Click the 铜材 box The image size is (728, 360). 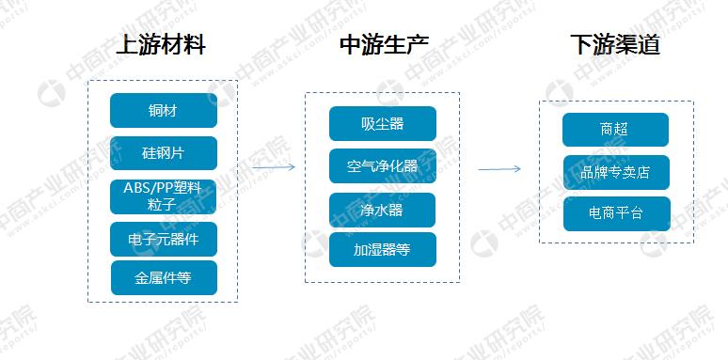(x=163, y=111)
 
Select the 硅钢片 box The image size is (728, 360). (x=163, y=152)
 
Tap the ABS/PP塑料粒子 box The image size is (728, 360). (x=163, y=196)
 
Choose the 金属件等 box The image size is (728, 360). (x=163, y=277)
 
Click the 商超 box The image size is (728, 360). (x=615, y=130)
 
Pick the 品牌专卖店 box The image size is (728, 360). (x=615, y=172)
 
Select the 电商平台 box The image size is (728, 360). (x=615, y=213)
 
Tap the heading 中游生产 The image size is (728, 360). (x=383, y=45)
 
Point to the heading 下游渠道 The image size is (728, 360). (x=615, y=45)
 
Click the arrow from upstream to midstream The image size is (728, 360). (x=274, y=167)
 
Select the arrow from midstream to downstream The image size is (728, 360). (x=499, y=169)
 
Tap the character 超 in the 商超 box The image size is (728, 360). (x=625, y=130)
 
